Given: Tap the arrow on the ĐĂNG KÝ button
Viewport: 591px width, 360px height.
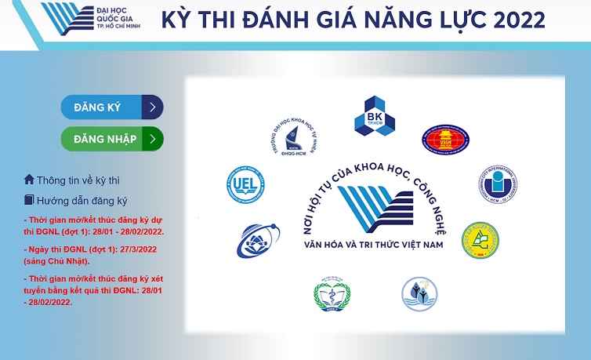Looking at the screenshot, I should point(153,107).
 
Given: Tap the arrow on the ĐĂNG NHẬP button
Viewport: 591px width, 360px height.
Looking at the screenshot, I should point(153,139).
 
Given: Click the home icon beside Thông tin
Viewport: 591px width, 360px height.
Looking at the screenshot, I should point(29,180).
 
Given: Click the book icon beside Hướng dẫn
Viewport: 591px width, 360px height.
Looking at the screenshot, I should point(29,200).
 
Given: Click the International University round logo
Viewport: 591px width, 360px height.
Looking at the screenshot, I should point(497,186).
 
